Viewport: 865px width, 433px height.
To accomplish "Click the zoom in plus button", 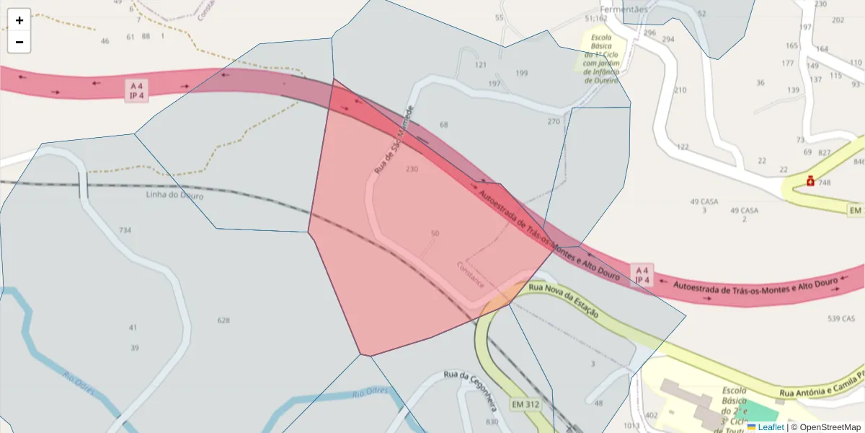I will point(19,20).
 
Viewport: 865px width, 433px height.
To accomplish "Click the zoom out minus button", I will point(19,42).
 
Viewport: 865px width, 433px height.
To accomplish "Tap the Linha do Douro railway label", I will point(174,196).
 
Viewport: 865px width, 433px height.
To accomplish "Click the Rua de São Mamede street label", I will point(394,139).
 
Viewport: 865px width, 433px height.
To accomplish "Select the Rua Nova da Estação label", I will point(564,299).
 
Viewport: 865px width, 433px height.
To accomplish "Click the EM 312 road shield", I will point(525,404).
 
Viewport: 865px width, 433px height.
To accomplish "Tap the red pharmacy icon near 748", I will point(810,181).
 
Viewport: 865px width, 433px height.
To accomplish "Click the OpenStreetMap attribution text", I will point(830,427).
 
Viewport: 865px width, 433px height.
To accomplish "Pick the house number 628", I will point(223,320).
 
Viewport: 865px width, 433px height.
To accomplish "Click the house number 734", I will point(125,230).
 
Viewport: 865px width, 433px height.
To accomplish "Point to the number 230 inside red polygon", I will point(412,169).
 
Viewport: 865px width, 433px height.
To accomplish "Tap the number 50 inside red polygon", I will point(435,233).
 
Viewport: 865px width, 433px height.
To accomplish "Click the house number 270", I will point(553,121).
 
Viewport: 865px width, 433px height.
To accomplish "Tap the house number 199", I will point(522,73).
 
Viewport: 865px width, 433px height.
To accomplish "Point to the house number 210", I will point(680,90).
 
